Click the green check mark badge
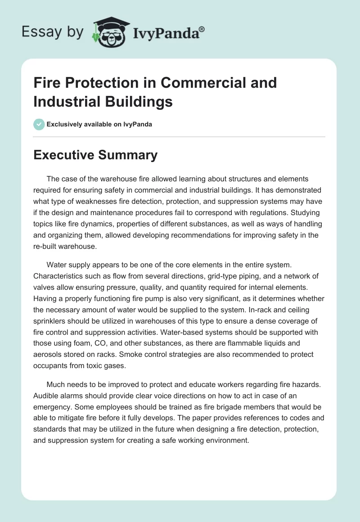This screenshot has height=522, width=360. [x=39, y=124]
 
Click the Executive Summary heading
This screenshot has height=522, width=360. [x=95, y=155]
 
